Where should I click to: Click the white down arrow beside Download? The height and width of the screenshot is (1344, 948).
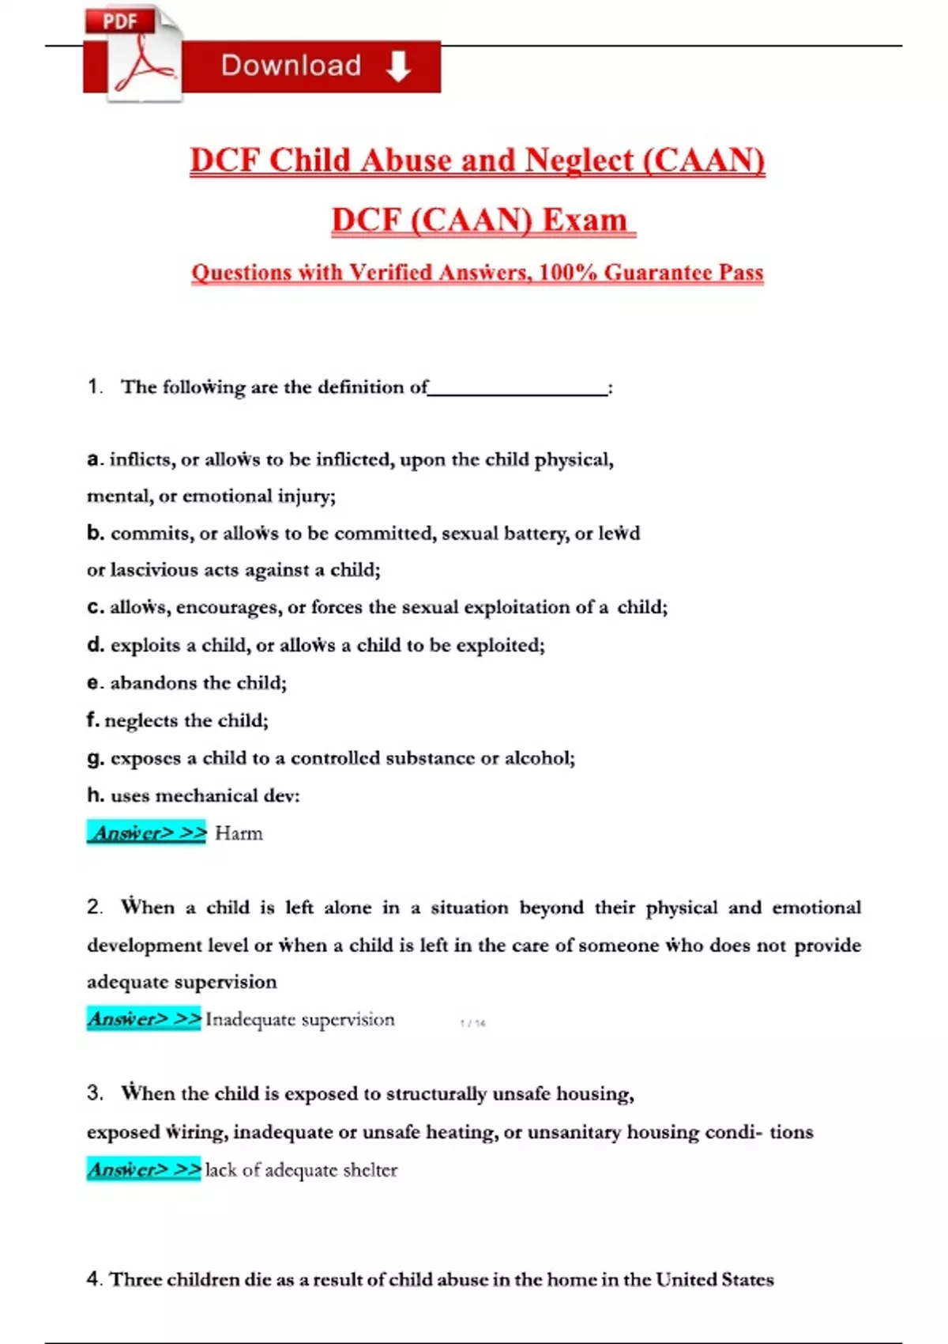tap(398, 66)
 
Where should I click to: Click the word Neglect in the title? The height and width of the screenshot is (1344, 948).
tap(578, 160)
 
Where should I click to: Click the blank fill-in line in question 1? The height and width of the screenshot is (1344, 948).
tap(518, 388)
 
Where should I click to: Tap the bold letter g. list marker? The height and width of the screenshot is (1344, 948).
tap(95, 758)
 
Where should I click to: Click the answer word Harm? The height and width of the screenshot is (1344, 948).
tap(239, 833)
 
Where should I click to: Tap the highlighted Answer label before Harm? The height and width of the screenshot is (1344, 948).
tap(146, 832)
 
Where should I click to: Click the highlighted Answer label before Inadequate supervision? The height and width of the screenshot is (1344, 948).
tap(144, 1019)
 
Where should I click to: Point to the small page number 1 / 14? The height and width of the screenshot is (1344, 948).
tap(472, 1023)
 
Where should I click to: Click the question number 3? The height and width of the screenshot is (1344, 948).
tap(95, 1093)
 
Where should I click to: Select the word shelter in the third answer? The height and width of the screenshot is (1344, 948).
tap(371, 1170)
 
